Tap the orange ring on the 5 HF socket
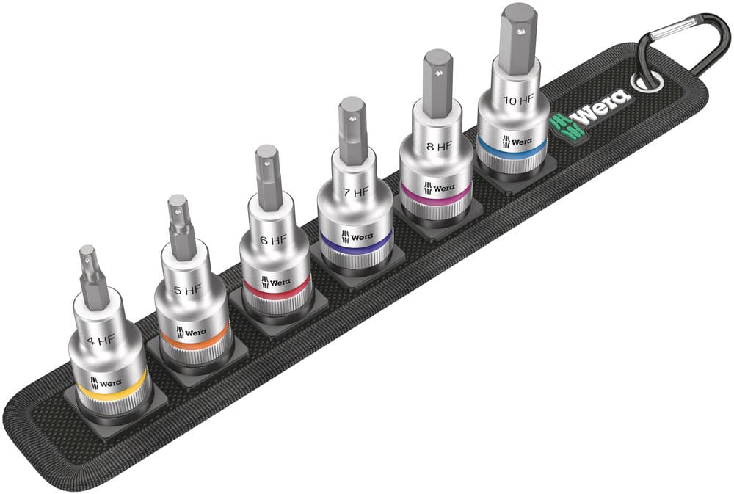(192, 340)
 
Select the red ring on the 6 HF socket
(275, 290)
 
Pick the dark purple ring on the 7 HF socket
(355, 242)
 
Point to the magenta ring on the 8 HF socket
(435, 192)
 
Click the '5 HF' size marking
(187, 290)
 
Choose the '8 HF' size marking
(438, 146)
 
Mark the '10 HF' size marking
(517, 100)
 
